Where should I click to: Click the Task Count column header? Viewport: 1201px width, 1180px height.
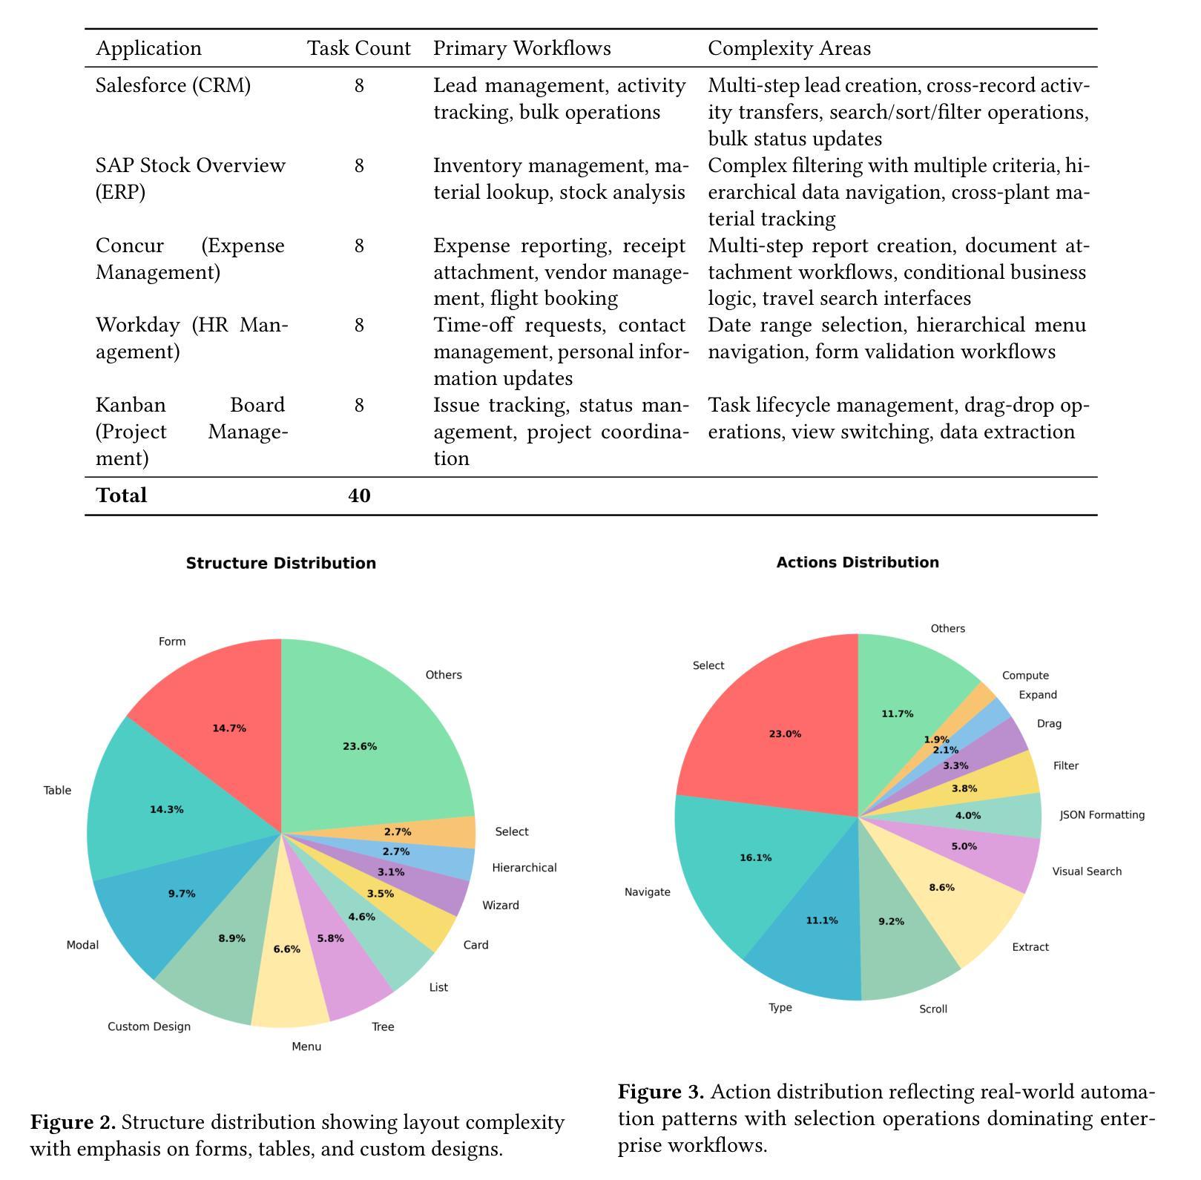point(359,49)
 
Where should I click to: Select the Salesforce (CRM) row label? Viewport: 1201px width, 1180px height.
point(173,86)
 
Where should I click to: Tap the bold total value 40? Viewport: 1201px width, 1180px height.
point(359,495)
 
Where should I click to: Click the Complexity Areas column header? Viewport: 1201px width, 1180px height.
point(789,49)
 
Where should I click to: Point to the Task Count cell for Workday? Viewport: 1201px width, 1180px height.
point(359,326)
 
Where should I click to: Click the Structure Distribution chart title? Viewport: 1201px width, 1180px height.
point(281,563)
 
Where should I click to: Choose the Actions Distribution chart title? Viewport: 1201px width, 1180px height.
point(858,562)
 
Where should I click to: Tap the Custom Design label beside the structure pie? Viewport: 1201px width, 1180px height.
point(149,1026)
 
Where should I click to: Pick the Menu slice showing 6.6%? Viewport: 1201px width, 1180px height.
point(288,964)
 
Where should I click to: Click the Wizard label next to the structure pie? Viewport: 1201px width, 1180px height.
point(501,905)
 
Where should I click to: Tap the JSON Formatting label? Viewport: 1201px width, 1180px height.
point(1102,815)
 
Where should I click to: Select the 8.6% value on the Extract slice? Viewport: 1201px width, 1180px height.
point(941,888)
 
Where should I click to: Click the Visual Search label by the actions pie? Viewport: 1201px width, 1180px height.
point(1087,871)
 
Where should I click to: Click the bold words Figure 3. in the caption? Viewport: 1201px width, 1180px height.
point(661,1092)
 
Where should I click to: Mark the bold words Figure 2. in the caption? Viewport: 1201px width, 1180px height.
point(73,1122)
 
